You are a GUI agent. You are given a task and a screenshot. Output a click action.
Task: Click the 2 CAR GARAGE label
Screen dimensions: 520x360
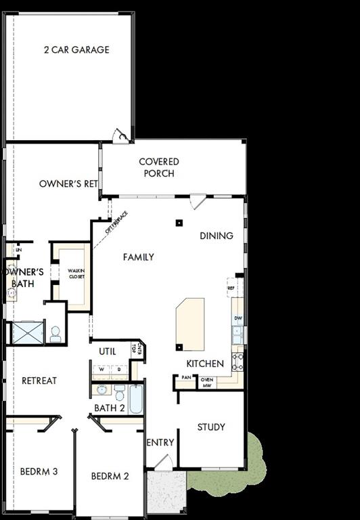click(76, 49)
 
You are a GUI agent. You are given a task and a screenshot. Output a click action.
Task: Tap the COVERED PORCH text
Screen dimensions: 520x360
click(159, 167)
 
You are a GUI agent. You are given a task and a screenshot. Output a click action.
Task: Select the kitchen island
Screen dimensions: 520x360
click(189, 324)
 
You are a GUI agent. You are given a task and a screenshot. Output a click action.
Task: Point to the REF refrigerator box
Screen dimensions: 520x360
click(231, 287)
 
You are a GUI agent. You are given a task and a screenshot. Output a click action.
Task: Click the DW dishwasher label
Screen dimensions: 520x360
click(238, 318)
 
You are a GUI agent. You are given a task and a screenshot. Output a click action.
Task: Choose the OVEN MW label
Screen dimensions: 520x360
click(207, 383)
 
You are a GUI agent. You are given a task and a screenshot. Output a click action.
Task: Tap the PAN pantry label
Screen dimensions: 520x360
click(185, 377)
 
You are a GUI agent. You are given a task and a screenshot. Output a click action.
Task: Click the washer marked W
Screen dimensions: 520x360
click(102, 369)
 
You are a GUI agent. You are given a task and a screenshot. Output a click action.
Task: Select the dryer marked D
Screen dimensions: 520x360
click(118, 369)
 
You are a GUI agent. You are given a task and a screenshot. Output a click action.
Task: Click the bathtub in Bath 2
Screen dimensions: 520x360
click(135, 401)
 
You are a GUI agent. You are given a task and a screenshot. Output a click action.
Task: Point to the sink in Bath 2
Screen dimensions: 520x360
click(102, 390)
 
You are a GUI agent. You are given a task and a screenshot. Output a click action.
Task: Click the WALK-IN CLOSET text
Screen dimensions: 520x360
click(76, 274)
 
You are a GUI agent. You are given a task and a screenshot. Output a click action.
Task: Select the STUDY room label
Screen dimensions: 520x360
click(211, 427)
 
